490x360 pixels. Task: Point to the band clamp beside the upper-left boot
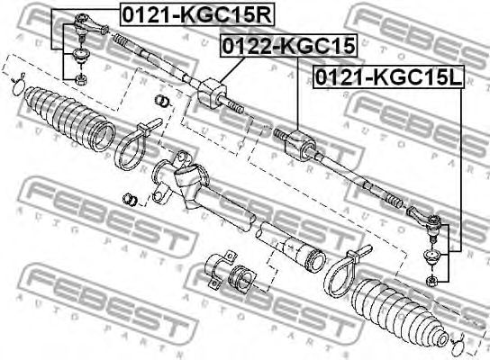click(132, 144)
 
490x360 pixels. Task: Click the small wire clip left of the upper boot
click(15, 85)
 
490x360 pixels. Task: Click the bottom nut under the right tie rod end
click(431, 280)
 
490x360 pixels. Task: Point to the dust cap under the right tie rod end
click(431, 259)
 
